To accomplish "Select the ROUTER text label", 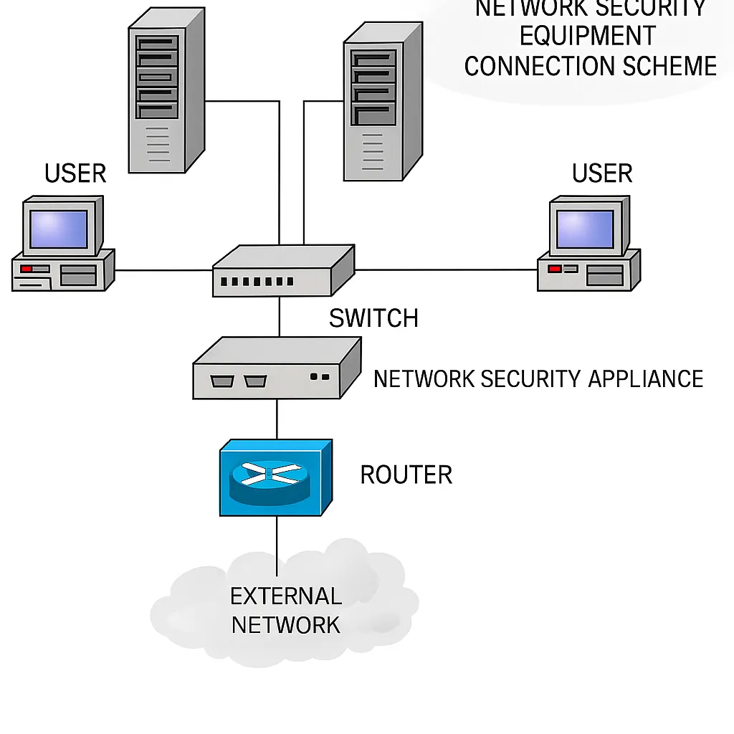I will tap(406, 475).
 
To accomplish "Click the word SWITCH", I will tap(373, 318).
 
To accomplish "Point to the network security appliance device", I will tap(276, 368).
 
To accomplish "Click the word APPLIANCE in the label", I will tap(645, 378).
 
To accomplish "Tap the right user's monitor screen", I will tap(585, 229).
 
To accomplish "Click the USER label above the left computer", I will tap(75, 173).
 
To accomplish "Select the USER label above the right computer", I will tap(602, 173).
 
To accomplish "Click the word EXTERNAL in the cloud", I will tap(286, 596).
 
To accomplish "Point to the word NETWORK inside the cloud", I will tap(286, 625).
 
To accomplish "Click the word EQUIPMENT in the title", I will tap(587, 36).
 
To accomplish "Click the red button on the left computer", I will tap(27, 269).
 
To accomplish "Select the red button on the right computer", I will tap(553, 269).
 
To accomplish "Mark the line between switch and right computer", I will tap(444, 270).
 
